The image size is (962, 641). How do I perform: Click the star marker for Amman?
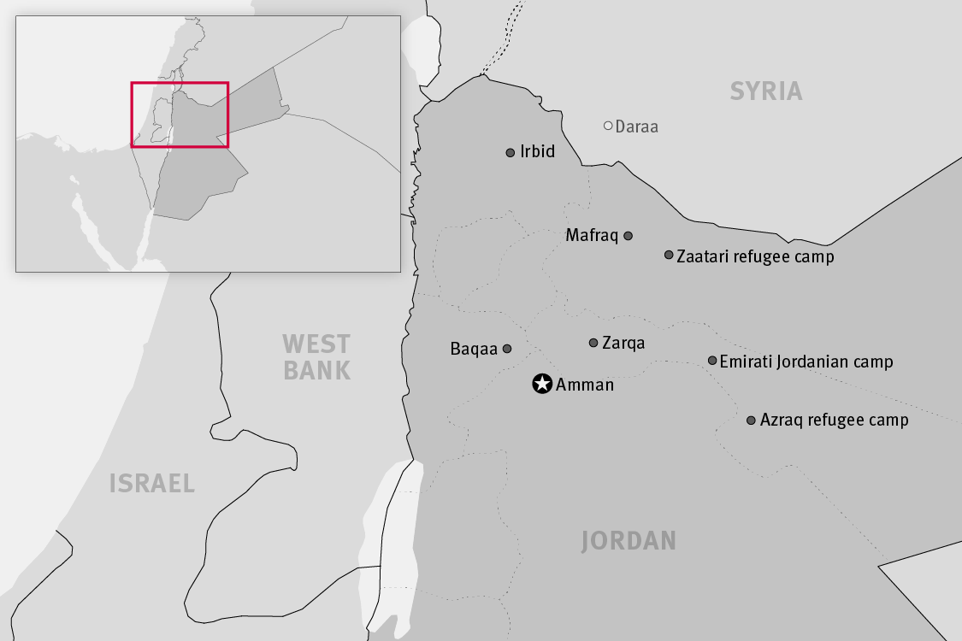coord(541,384)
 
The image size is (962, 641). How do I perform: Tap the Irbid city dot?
coord(511,153)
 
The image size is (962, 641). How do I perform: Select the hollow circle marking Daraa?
coord(608,126)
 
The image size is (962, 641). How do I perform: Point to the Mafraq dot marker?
coord(628,236)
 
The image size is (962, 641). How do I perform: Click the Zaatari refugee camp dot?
coord(669,255)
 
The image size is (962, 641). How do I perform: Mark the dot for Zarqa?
coord(593,343)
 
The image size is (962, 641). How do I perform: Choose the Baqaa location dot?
coord(506,349)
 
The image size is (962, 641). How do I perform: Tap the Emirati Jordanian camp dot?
coord(712,361)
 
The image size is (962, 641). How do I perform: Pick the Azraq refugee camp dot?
coord(751,420)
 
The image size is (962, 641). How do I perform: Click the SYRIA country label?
coord(766,91)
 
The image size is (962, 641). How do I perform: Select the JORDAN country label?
coord(629,540)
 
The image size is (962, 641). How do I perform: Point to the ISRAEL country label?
coord(152,484)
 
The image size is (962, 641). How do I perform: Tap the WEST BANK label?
coord(316,357)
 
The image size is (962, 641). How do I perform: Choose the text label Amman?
coord(585,385)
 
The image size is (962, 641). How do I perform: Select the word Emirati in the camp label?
coord(746,362)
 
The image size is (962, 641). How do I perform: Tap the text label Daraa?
coord(637,126)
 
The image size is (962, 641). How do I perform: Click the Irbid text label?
coord(537,152)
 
